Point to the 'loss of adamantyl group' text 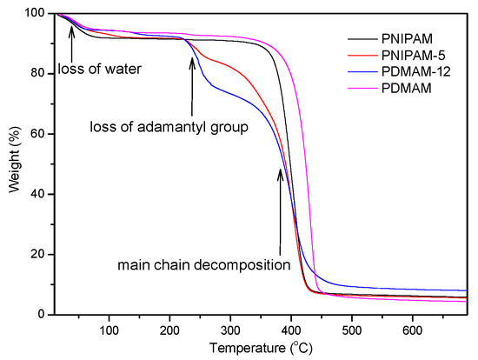[x=169, y=127]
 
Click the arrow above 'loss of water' [x=71, y=39]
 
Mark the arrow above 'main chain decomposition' [x=280, y=209]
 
